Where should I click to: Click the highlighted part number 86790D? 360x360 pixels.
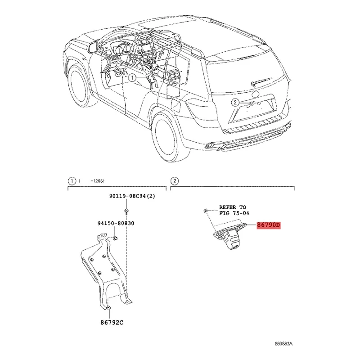(268, 225)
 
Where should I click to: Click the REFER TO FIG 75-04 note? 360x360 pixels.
(234, 210)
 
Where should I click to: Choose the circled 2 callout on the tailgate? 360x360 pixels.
(234, 103)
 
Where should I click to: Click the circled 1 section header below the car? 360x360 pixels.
(71, 181)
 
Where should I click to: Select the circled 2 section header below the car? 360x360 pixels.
(174, 181)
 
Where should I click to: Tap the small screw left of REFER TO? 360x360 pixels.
(205, 210)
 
